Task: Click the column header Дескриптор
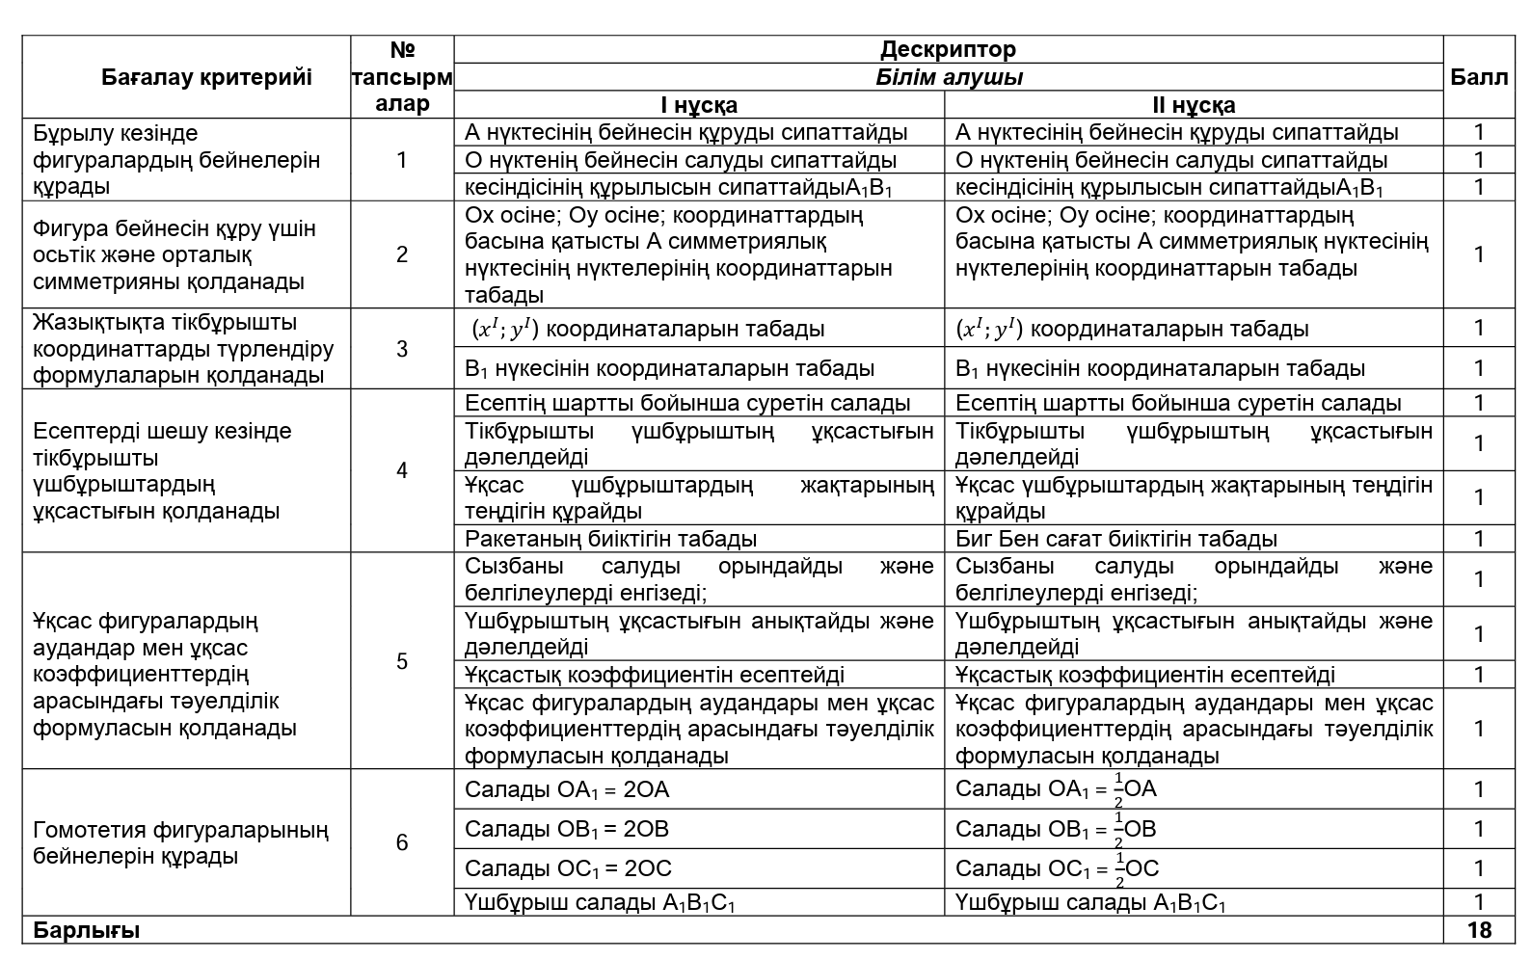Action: (x=948, y=49)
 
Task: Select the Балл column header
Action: (x=1478, y=77)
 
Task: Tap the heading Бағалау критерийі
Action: (x=206, y=77)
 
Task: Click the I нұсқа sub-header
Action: (x=699, y=105)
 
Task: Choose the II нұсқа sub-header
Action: (x=1194, y=105)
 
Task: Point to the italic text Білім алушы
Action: (x=949, y=77)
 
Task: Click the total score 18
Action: (x=1478, y=930)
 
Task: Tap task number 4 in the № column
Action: (x=402, y=470)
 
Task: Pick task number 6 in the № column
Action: (x=402, y=842)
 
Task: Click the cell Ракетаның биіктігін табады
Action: (x=610, y=539)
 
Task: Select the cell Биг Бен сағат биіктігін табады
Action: (x=1115, y=539)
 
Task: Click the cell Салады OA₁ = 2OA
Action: (x=567, y=790)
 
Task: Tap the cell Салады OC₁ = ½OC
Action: (x=1057, y=868)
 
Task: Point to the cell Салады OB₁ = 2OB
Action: (x=567, y=829)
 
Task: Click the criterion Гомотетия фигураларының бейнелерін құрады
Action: (x=180, y=842)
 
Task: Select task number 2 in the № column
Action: (x=402, y=254)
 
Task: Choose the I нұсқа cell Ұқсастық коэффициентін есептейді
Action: (x=655, y=675)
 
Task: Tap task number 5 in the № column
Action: (x=402, y=661)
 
